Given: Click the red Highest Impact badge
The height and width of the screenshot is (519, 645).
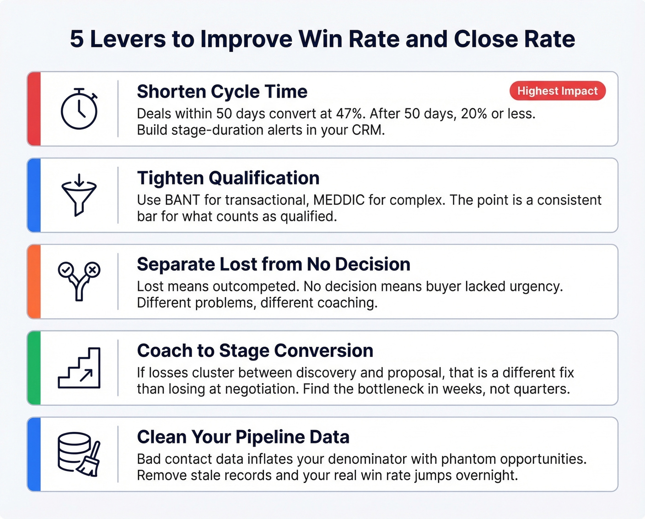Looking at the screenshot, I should pyautogui.click(x=557, y=91).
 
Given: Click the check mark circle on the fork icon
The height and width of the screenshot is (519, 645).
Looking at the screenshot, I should pyautogui.click(x=65, y=269).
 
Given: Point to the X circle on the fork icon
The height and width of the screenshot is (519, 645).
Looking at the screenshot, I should pyautogui.click(x=93, y=269).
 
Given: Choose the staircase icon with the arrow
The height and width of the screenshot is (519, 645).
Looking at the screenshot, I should pyautogui.click(x=79, y=368).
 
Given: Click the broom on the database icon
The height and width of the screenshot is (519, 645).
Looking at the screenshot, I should pyautogui.click(x=91, y=461).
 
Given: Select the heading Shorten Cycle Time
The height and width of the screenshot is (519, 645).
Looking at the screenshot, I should pyautogui.click(x=222, y=92).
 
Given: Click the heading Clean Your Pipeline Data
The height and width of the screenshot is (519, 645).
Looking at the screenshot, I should pyautogui.click(x=243, y=437).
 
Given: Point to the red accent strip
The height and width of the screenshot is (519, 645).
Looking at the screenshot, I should pyautogui.click(x=34, y=109).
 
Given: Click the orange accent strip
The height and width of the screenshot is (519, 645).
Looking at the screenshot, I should pyautogui.click(x=34, y=282).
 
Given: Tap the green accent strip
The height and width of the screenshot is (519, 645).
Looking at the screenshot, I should pyautogui.click(x=34, y=368).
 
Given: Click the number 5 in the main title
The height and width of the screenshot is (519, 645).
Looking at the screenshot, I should pyautogui.click(x=77, y=39).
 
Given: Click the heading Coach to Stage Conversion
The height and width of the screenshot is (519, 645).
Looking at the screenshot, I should pyautogui.click(x=255, y=351).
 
